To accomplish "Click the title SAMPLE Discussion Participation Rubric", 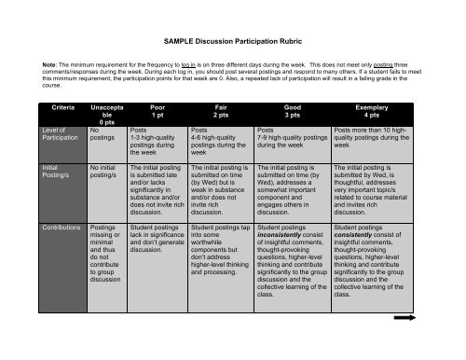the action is [233, 42].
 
